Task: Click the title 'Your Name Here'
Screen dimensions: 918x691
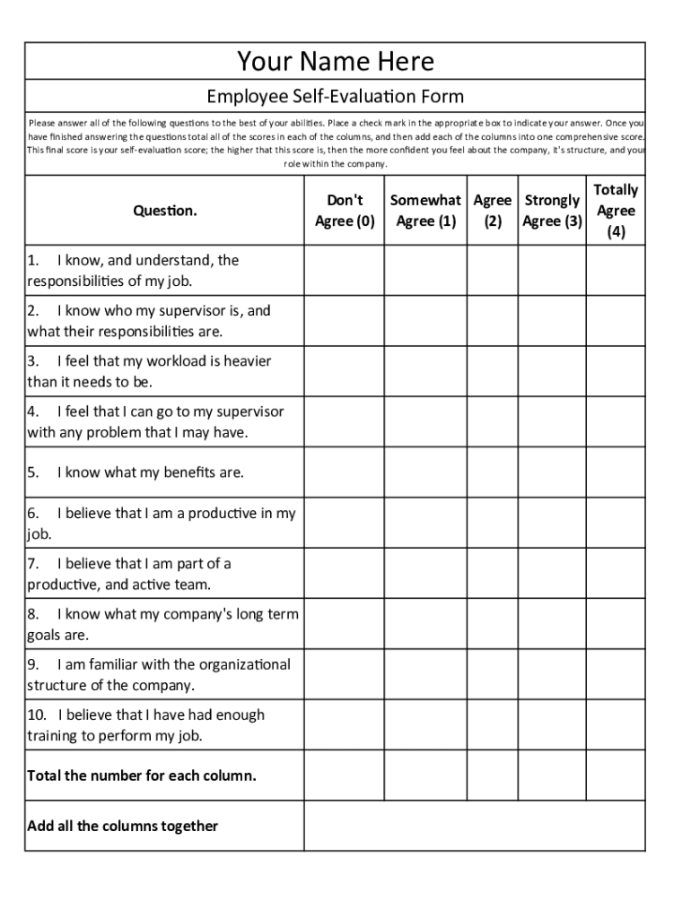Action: point(335,61)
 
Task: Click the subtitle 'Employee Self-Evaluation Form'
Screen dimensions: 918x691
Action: point(335,96)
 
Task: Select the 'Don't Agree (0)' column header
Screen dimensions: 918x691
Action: point(345,211)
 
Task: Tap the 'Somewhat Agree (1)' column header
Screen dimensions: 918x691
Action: point(425,211)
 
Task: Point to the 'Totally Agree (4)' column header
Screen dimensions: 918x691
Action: point(616,211)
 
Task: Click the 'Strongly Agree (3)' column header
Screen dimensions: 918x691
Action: point(552,211)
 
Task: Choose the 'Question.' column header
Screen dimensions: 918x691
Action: point(165,211)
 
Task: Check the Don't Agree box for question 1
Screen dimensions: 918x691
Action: point(345,271)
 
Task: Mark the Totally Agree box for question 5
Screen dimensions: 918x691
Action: point(616,472)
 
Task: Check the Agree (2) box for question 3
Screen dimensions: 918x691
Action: point(492,371)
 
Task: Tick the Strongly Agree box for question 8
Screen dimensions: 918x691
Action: point(552,624)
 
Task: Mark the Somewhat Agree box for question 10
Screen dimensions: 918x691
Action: point(425,725)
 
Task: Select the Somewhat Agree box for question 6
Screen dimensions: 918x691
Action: point(425,523)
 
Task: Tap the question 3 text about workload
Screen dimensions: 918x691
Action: point(150,371)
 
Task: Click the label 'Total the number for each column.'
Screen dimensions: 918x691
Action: point(142,775)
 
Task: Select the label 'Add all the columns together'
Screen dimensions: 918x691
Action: point(123,826)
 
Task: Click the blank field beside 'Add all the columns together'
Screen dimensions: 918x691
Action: point(474,826)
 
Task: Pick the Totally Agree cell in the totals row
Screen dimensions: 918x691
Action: point(616,775)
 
